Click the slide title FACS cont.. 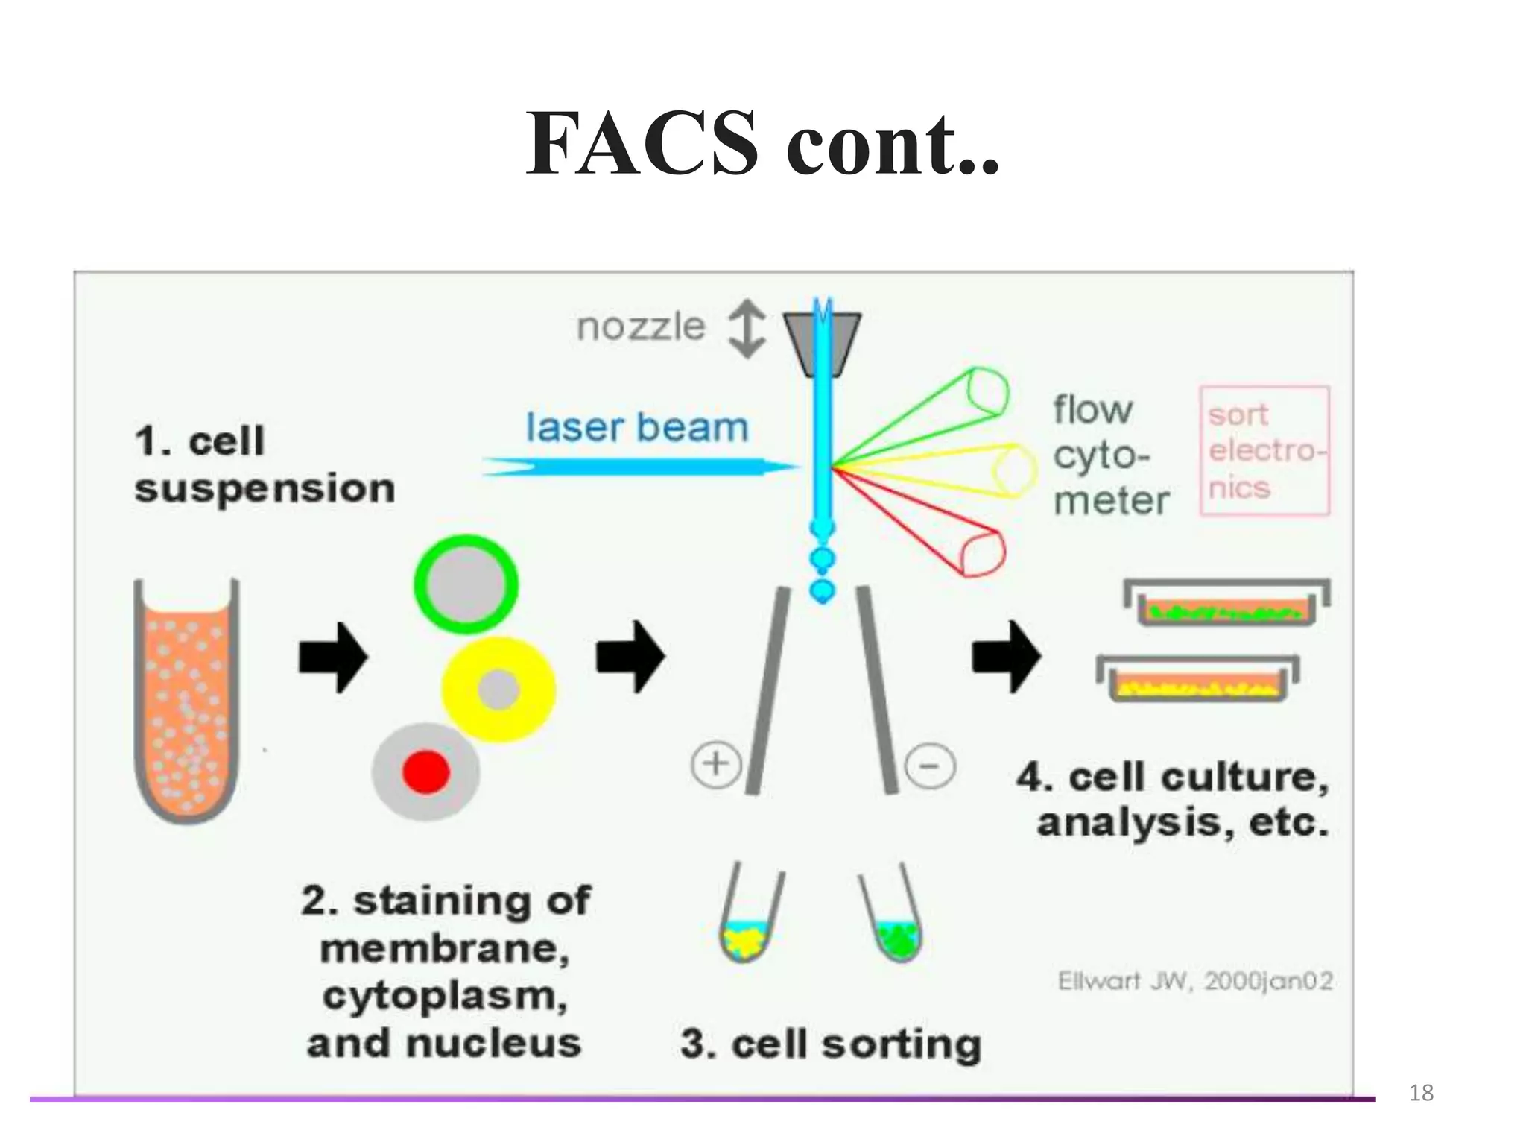click(x=762, y=143)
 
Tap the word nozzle click(x=641, y=327)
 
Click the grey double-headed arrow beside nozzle click(x=747, y=329)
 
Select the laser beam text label click(x=637, y=428)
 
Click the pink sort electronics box click(x=1264, y=450)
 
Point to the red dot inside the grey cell click(x=426, y=772)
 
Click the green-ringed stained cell click(x=466, y=584)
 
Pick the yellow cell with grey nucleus click(x=498, y=690)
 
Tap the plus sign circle click(x=716, y=764)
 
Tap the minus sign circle click(x=930, y=766)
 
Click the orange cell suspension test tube click(x=186, y=701)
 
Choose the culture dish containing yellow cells click(x=1197, y=681)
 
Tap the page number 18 click(x=1421, y=1093)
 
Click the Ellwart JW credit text click(x=1195, y=981)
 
